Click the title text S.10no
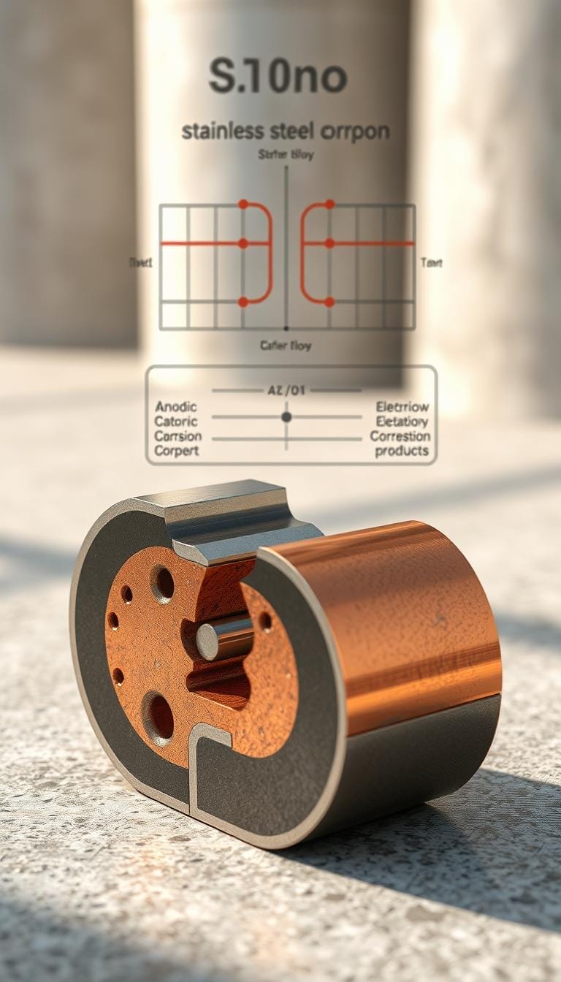coord(278,77)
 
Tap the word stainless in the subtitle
coord(224,132)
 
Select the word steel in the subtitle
coord(296,132)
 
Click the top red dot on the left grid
coord(243,205)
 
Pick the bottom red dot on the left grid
coord(243,302)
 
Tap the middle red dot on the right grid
coord(329,243)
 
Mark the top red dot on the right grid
coord(329,205)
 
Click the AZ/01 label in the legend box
coord(286,391)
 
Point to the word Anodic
coord(176,407)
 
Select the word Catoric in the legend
coord(176,422)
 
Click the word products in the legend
coord(401,451)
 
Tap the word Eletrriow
coord(402,407)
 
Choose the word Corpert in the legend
coord(176,451)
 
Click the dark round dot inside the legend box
coord(286,416)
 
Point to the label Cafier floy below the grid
coord(285,346)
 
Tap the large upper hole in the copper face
coord(162,583)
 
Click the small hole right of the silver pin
coord(265,621)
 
